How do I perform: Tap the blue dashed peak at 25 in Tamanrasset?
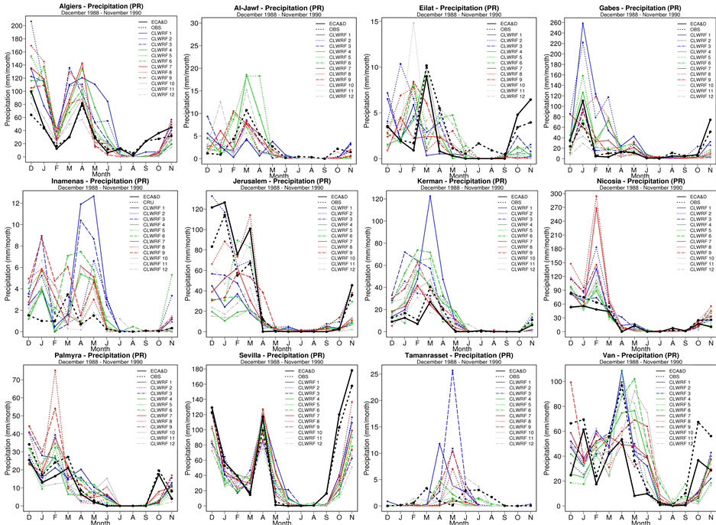click(452, 372)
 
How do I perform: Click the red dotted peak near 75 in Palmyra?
click(55, 371)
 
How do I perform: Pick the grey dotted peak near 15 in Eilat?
click(413, 23)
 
